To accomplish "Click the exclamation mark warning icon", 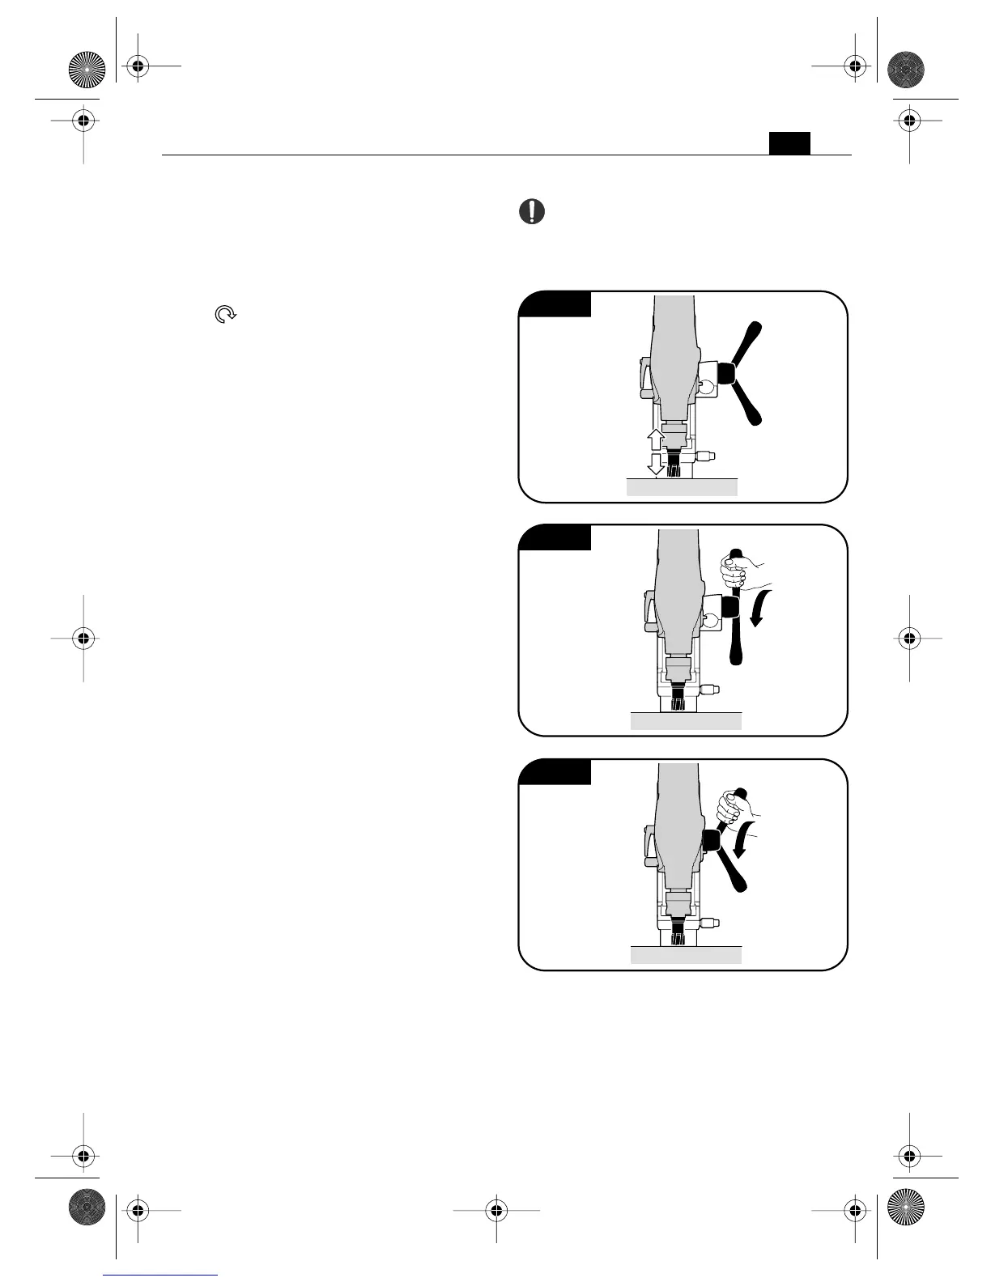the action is [x=531, y=212].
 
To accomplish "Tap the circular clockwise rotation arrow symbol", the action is [x=225, y=315].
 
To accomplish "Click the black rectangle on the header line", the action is [x=789, y=143].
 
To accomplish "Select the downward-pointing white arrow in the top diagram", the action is [x=657, y=465].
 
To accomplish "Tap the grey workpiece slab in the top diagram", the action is [x=682, y=486].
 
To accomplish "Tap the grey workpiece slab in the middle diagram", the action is [x=686, y=721].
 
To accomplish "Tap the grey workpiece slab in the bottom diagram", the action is [x=686, y=955].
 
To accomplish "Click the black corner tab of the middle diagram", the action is [x=557, y=537].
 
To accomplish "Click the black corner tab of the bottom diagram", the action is [x=557, y=771].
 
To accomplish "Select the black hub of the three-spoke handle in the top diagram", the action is [x=725, y=373].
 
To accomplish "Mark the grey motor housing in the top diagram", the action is [x=674, y=356].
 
